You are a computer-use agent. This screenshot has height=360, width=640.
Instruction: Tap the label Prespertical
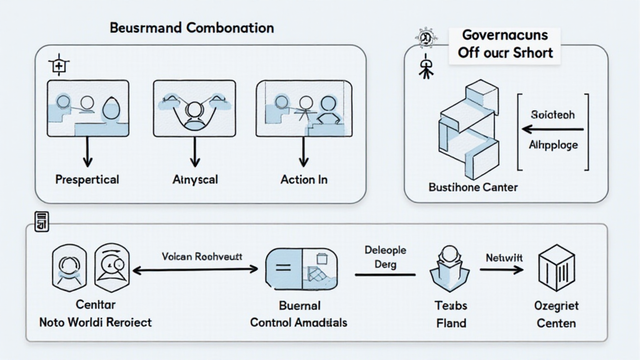[x=87, y=179]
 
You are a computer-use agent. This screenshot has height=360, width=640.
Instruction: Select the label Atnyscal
[x=194, y=179]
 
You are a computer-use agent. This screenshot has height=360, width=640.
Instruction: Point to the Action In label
[x=304, y=179]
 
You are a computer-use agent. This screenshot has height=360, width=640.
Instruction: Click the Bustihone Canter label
[x=472, y=187]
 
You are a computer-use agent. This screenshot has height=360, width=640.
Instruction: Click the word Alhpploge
[x=553, y=145]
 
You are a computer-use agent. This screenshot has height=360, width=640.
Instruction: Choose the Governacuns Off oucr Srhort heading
[x=505, y=44]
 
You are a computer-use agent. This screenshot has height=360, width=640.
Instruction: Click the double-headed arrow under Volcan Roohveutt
[x=195, y=270]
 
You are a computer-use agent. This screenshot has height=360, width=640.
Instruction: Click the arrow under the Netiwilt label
[x=501, y=270]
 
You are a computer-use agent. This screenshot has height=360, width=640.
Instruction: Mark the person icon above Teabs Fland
[x=450, y=269]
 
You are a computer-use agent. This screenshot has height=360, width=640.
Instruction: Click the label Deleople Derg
[x=385, y=257]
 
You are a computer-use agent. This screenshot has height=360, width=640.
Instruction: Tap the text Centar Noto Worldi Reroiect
[x=95, y=314]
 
